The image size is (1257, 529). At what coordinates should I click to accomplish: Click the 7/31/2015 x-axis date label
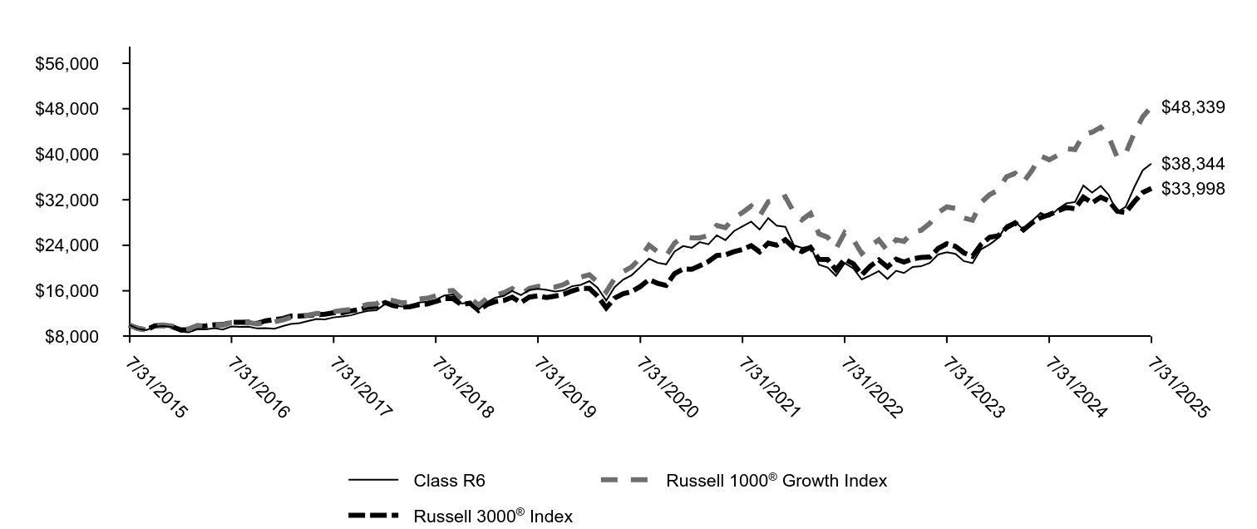[154, 387]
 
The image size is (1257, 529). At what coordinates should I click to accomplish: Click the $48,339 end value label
[1193, 107]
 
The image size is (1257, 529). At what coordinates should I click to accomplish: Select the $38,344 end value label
[1193, 164]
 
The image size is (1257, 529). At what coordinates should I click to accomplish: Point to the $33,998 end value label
[1193, 189]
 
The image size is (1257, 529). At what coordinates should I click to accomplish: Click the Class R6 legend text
[449, 480]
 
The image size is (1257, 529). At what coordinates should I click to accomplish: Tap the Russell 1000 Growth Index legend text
[776, 480]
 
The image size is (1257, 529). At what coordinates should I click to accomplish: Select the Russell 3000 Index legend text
[493, 516]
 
